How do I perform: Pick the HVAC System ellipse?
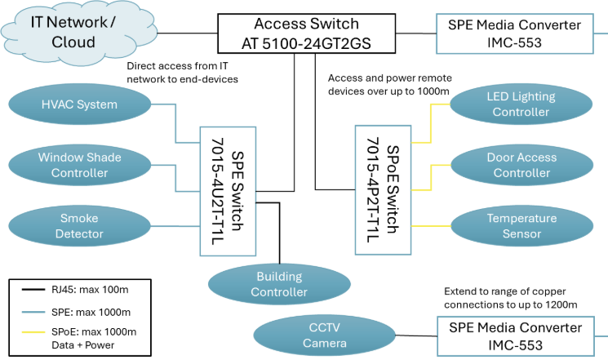coord(79,104)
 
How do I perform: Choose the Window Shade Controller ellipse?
coord(79,164)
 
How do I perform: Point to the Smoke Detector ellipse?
coord(79,226)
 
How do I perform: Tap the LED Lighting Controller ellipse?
coord(521,104)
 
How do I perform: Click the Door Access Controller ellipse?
coord(521,164)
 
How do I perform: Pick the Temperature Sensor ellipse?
coord(521,226)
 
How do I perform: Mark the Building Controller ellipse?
coord(279,284)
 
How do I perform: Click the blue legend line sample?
coord(33,312)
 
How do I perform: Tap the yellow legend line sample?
coord(33,331)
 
